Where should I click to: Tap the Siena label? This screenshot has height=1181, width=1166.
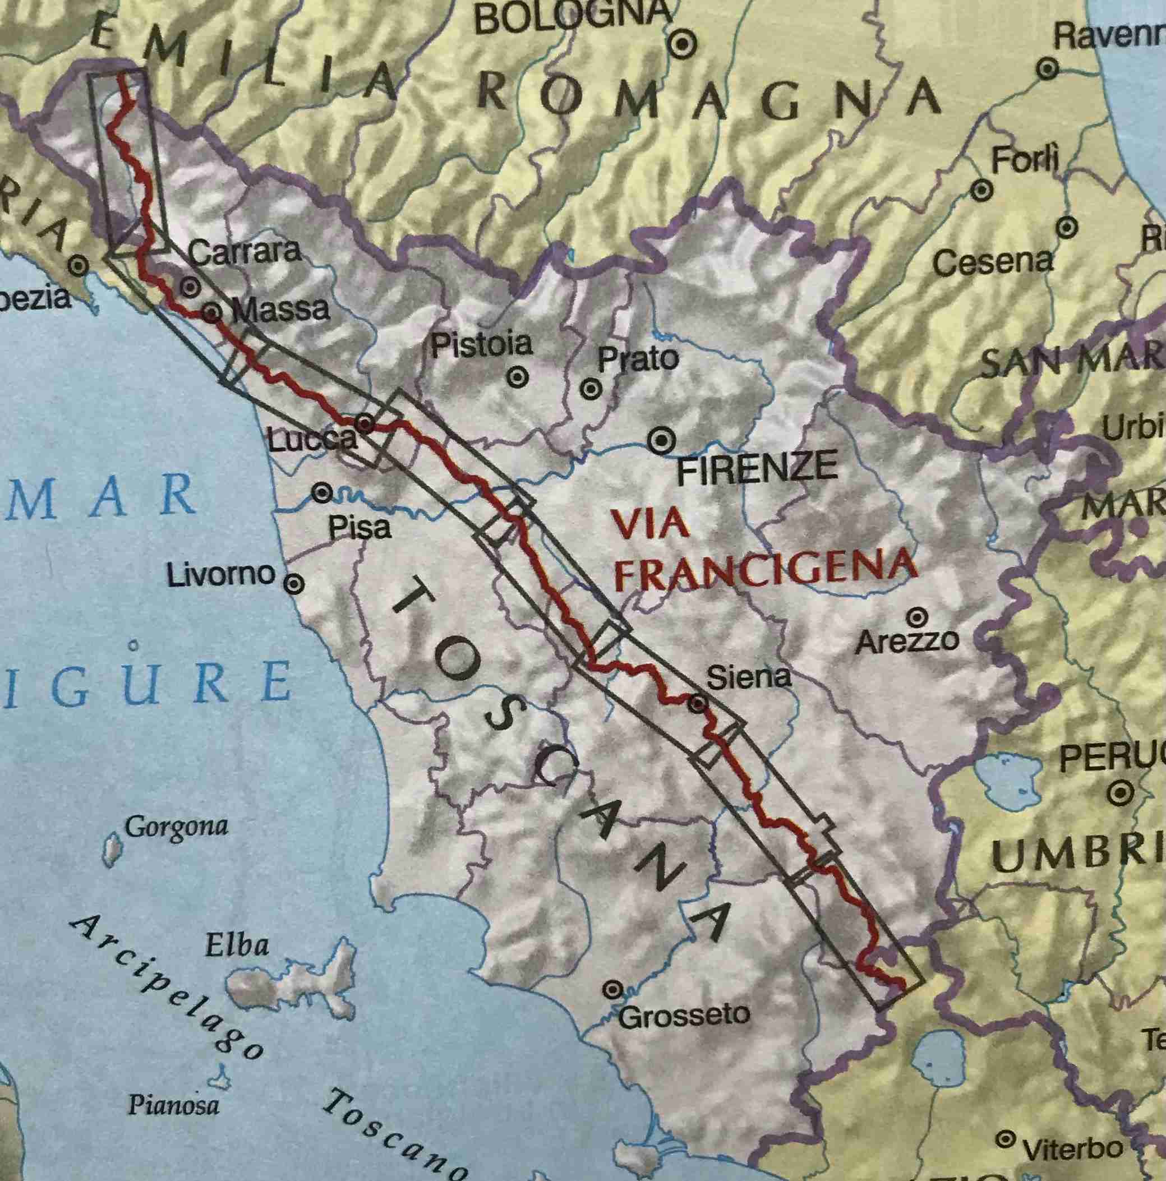(748, 677)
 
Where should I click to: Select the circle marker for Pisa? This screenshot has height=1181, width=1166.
(322, 493)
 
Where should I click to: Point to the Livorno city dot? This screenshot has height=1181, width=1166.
(294, 584)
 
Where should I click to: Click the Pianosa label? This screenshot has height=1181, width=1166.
(173, 1087)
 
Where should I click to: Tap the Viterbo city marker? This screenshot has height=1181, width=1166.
(1004, 1139)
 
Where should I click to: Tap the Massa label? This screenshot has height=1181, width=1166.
(280, 310)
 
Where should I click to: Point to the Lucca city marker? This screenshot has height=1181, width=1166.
(365, 423)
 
